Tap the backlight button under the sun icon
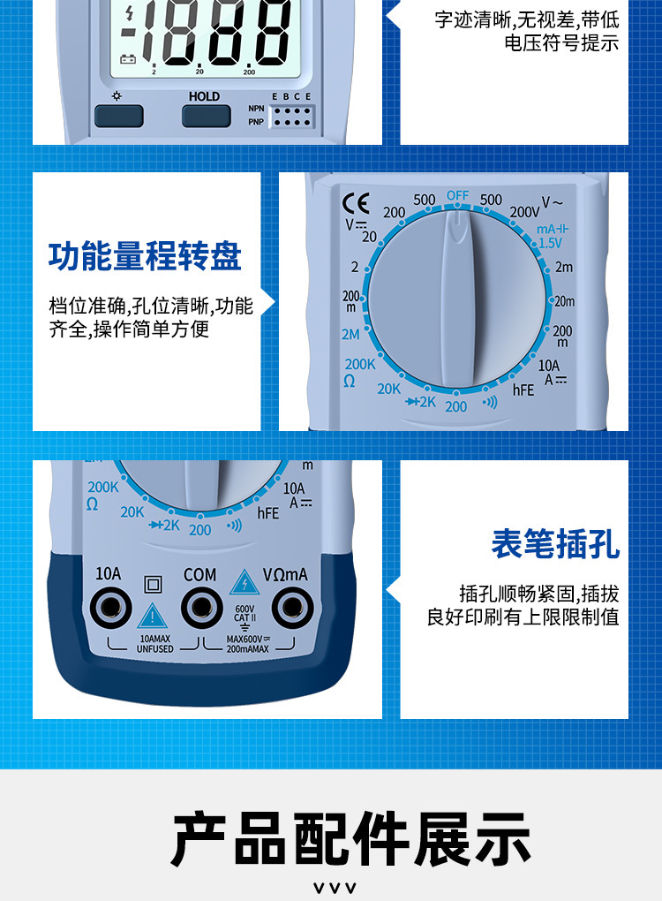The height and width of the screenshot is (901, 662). point(118,116)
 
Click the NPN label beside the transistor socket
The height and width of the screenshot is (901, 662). point(256,109)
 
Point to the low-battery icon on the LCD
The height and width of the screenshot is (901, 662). point(127,59)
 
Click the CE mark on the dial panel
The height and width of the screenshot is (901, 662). point(356,203)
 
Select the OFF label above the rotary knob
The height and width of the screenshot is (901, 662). point(457,195)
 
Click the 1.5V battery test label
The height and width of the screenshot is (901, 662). point(550,243)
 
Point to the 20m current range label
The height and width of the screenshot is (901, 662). point(564,301)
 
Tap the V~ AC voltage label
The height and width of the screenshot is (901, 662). point(552,202)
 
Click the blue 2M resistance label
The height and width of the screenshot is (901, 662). point(350,335)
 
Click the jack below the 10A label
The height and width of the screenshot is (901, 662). point(110,608)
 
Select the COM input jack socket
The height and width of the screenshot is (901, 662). point(201,608)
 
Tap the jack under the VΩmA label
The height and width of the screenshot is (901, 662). point(292,608)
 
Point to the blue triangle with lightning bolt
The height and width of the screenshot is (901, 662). point(244,583)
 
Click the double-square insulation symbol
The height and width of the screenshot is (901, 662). point(153,585)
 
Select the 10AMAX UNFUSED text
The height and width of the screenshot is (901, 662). point(155,644)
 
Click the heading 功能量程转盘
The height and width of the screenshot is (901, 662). point(145,256)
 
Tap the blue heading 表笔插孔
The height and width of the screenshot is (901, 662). point(555,543)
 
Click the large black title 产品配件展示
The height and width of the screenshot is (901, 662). point(350,839)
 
